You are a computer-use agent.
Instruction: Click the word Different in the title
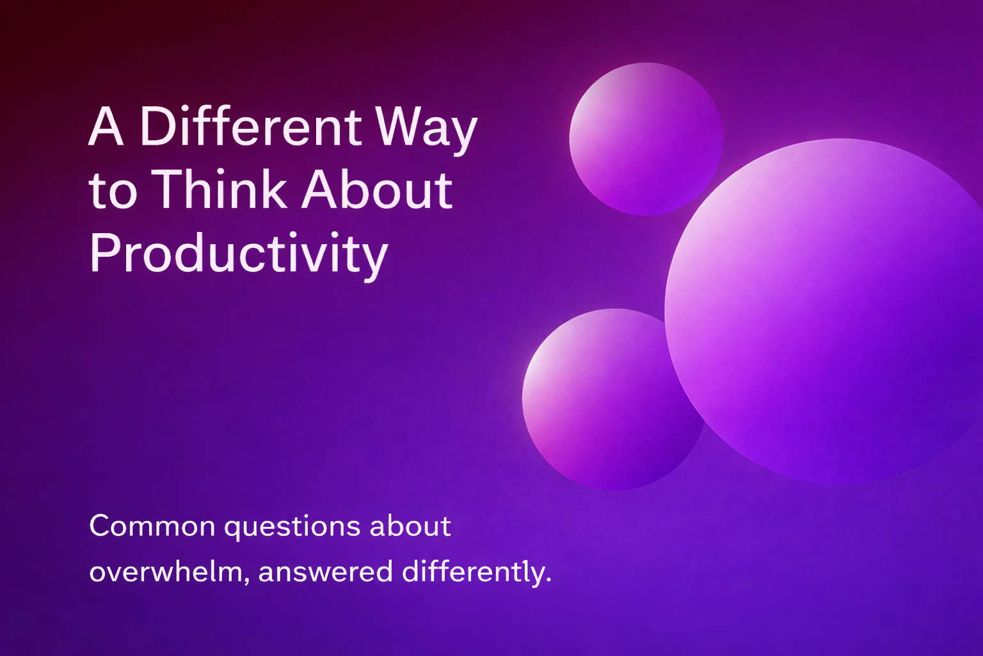tap(250, 126)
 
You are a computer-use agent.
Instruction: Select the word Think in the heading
tap(221, 190)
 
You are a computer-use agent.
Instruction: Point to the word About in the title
tap(377, 190)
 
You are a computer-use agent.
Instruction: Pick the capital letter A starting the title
tap(106, 127)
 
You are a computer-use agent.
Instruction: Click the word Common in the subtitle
tap(152, 527)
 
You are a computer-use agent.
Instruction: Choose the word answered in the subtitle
tap(325, 572)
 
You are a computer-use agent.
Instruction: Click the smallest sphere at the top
tap(645, 138)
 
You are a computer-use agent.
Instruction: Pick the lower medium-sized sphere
tap(605, 400)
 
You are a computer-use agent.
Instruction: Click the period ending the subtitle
tap(548, 581)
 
